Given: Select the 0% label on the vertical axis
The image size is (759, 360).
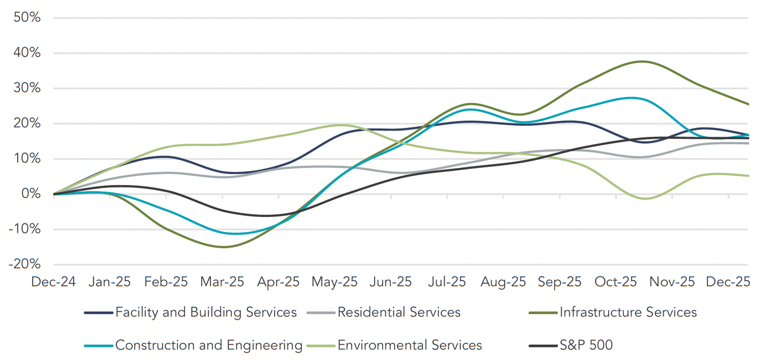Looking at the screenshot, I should click(x=30, y=194).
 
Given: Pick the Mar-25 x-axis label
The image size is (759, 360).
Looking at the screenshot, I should click(x=222, y=282).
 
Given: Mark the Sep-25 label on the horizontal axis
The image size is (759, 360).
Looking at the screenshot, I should click(x=559, y=282).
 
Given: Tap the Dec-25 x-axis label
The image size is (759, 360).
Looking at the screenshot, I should click(x=728, y=282).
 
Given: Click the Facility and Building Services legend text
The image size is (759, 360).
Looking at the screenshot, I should click(x=206, y=312).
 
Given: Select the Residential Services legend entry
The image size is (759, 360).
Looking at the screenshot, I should click(x=398, y=312).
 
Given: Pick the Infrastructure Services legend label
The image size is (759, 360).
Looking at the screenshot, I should click(x=628, y=312).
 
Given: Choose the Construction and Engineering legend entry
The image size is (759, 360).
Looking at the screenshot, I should click(x=209, y=345).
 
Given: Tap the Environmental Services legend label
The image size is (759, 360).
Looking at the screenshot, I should click(x=409, y=345).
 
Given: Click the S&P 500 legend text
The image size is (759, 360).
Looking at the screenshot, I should click(x=586, y=345).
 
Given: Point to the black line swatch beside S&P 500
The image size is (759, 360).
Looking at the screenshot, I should click(x=543, y=345).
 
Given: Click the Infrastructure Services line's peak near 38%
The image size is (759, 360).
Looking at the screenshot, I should click(x=641, y=61).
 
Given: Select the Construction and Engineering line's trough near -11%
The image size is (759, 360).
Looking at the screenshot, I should click(x=234, y=234).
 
